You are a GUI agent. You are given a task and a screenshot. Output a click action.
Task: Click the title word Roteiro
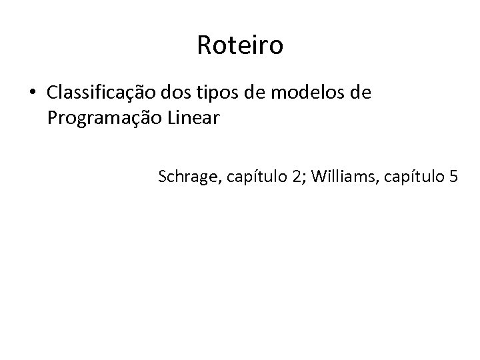pyautogui.click(x=240, y=46)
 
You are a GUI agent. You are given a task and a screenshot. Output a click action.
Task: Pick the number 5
pyautogui.click(x=454, y=177)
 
